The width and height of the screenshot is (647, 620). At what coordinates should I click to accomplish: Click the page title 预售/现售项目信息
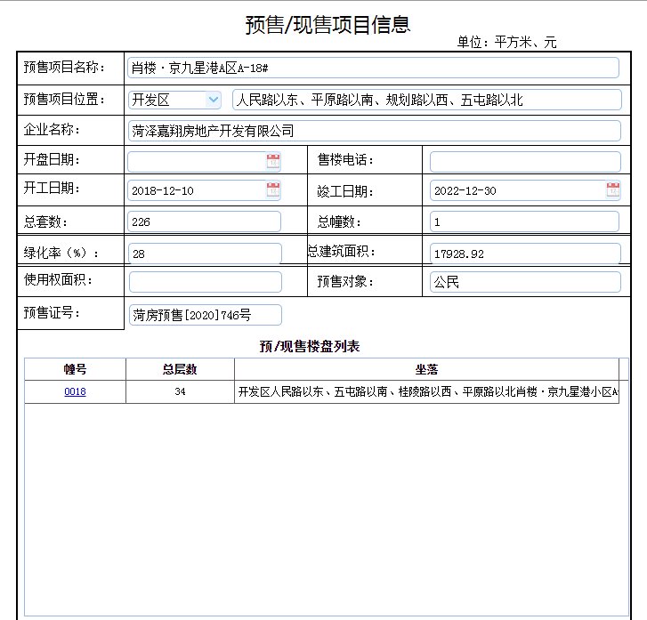328,24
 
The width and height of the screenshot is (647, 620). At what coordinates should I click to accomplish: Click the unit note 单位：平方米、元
506,42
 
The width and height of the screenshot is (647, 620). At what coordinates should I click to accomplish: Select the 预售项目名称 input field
373,68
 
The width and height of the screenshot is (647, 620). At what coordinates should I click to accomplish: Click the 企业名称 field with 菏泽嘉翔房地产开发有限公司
373,131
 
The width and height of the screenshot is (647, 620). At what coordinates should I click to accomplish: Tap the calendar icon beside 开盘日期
272,161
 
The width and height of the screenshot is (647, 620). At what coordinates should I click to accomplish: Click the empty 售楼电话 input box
524,162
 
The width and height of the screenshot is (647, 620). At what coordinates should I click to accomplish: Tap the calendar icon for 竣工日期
613,189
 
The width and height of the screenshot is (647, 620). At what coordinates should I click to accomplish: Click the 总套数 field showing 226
205,221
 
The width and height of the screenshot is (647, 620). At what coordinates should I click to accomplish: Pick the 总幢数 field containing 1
524,221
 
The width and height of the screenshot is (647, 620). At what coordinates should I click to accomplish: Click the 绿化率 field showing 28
205,254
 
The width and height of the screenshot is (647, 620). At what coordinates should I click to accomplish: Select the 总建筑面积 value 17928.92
524,254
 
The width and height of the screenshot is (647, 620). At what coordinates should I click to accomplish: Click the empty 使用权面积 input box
205,282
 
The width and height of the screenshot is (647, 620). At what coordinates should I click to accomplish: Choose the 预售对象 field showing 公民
524,282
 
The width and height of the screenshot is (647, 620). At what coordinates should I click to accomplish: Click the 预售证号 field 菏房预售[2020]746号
205,315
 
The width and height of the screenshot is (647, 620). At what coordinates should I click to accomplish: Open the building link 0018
75,391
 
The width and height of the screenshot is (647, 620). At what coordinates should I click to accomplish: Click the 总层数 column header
180,369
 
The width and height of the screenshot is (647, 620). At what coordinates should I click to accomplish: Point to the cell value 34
180,391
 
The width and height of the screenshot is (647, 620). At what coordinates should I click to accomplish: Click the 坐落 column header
426,369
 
